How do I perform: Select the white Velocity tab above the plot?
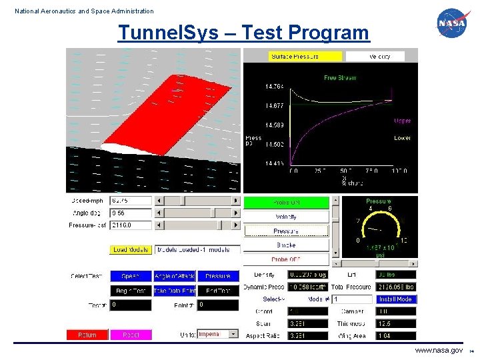pos(375,57)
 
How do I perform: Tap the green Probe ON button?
pos(286,202)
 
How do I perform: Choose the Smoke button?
pos(286,245)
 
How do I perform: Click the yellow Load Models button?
pos(130,250)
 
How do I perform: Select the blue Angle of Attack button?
pos(174,276)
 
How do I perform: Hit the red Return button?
pos(87,335)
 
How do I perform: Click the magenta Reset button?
pos(131,335)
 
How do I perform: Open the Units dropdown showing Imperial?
pos(218,334)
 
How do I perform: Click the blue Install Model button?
pos(395,299)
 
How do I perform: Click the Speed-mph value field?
pos(131,200)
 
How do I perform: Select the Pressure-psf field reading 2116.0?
pos(131,225)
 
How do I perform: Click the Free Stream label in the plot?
pos(340,77)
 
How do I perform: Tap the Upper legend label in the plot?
pos(402,121)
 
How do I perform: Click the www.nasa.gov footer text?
pos(439,350)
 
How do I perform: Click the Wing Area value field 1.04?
pos(395,335)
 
